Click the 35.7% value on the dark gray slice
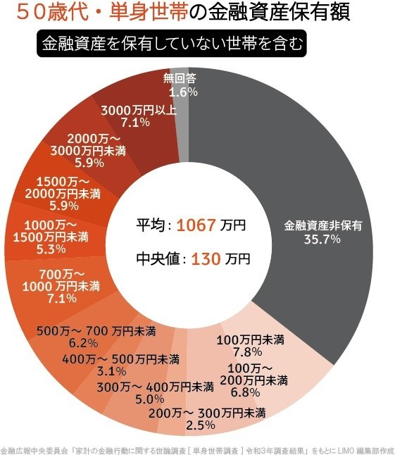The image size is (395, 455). coord(322,239)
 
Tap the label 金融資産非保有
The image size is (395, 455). coord(322,226)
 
